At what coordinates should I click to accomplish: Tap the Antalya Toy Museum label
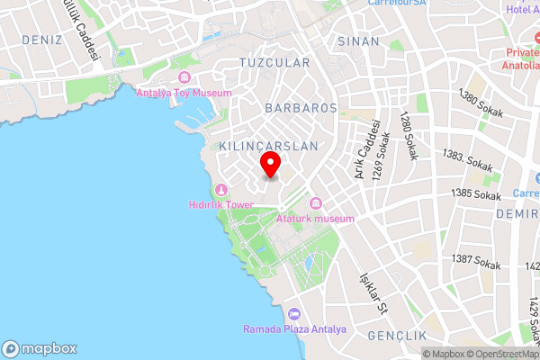[x=184, y=93]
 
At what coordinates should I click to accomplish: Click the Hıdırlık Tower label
[x=220, y=204]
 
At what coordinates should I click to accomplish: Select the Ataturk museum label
[x=315, y=219]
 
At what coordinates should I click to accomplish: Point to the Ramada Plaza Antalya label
[x=294, y=328]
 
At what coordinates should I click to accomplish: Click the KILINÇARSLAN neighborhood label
[x=269, y=145]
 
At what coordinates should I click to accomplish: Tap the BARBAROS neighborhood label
[x=301, y=107]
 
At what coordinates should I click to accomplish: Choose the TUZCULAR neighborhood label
[x=274, y=63]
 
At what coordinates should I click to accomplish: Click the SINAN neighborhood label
[x=359, y=41]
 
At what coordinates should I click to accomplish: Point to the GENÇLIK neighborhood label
[x=396, y=335]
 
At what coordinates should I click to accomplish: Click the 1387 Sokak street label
[x=476, y=261]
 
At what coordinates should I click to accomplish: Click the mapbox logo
[x=40, y=349]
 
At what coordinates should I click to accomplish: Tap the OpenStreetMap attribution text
[x=500, y=353]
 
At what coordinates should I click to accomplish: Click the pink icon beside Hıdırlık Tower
[x=220, y=189]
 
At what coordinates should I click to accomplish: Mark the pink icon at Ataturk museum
[x=315, y=204]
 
